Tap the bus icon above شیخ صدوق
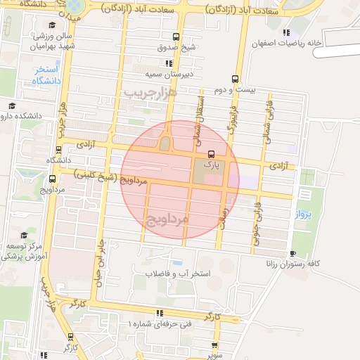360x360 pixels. (x=175, y=37)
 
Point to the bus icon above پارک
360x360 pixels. (x=211, y=154)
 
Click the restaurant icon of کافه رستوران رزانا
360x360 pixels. (x=292, y=254)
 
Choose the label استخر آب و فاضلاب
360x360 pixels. (x=178, y=272)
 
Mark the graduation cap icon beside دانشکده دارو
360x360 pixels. (x=11, y=106)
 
